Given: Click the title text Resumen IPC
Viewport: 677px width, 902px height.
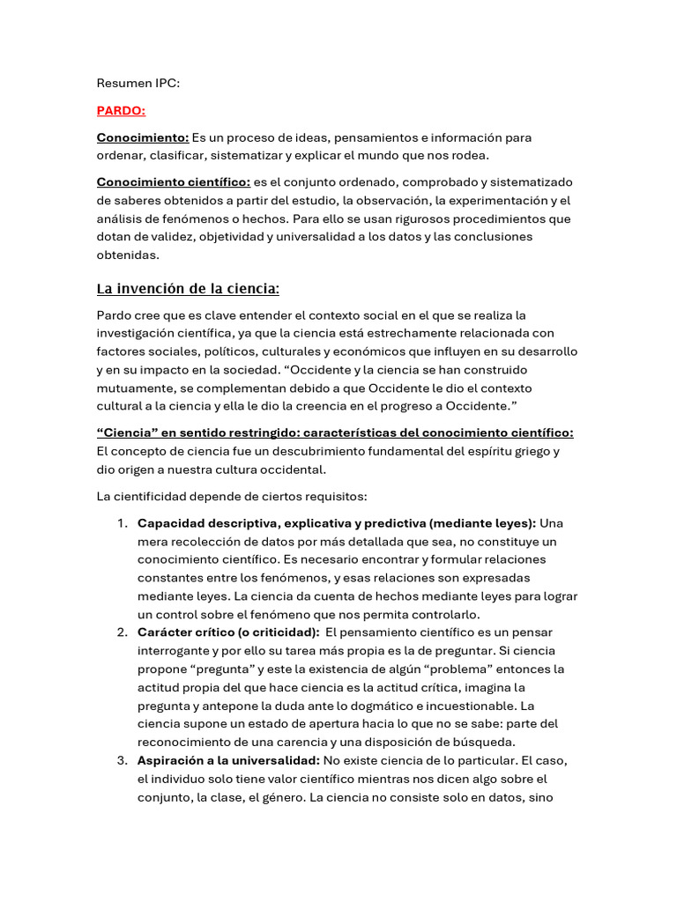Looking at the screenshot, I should [138, 84].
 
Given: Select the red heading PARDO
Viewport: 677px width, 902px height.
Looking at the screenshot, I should [121, 111].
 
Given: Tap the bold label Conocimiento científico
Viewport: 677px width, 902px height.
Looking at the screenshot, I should [173, 182].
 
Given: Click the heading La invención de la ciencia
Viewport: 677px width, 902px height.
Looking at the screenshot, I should [188, 288].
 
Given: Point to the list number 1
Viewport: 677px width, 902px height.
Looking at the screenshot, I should [123, 523].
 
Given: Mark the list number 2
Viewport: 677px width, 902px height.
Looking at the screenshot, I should [123, 632].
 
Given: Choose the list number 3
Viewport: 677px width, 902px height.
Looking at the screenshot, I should [123, 760].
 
